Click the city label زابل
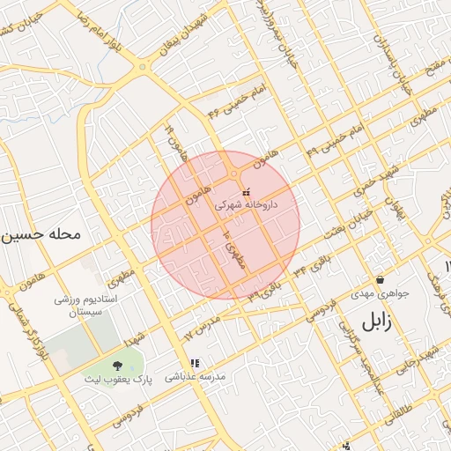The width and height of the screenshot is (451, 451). click(362, 322)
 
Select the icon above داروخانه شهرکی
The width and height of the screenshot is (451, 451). click(246, 190)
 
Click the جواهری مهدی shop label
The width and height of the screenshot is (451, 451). click(378, 292)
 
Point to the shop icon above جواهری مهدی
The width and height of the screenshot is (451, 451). click(379, 279)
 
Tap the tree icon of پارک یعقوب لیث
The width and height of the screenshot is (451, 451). click(118, 366)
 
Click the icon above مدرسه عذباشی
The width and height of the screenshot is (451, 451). click(195, 362)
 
